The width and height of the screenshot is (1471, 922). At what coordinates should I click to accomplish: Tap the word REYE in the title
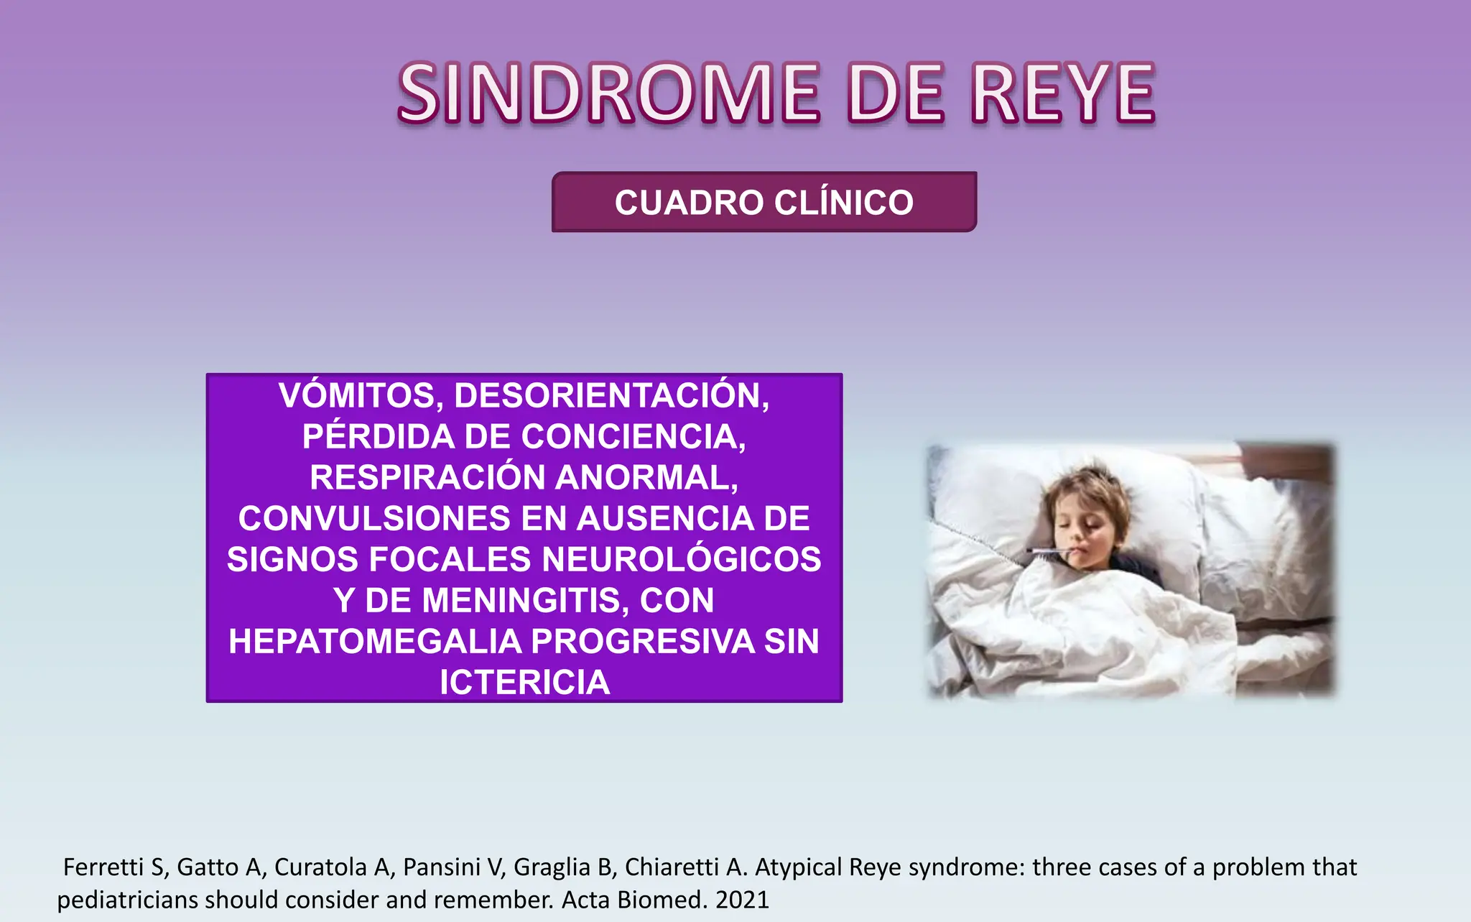click(1063, 93)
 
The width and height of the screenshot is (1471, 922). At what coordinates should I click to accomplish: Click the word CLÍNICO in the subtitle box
click(844, 203)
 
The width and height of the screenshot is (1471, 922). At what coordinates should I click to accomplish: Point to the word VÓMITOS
click(360, 396)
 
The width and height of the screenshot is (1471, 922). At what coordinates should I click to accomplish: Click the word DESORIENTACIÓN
click(612, 396)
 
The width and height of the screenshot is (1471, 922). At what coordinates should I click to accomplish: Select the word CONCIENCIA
click(634, 437)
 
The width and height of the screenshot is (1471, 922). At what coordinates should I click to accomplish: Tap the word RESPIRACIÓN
click(428, 478)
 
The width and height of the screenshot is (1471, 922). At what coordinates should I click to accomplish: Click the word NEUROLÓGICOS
click(682, 560)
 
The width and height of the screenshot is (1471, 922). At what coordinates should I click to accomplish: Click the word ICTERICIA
click(525, 683)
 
